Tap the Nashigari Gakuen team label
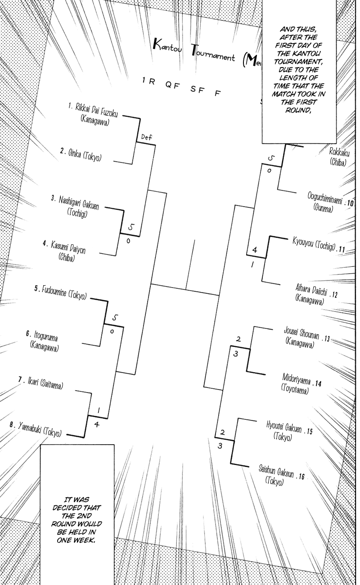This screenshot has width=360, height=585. pyautogui.click(x=79, y=202)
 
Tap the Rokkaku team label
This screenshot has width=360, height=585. pyautogui.click(x=339, y=152)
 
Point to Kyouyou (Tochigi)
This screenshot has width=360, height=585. pyautogui.click(x=314, y=244)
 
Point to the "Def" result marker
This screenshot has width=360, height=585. pyautogui.click(x=147, y=137)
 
